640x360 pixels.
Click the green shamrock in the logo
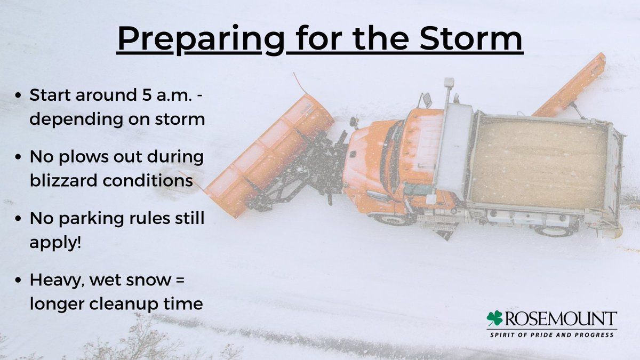[494, 318]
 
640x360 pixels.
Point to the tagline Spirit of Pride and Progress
[553, 334]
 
